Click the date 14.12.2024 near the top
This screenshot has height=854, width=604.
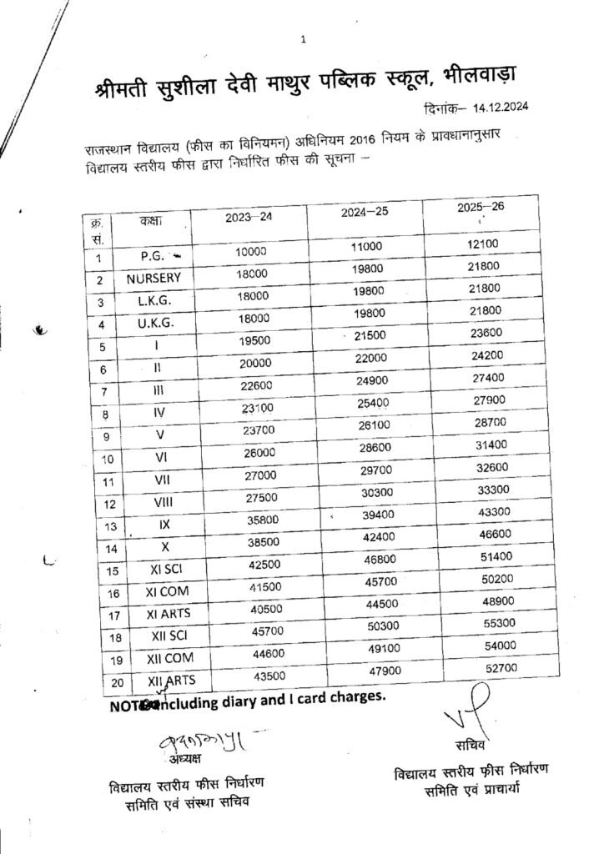pyautogui.click(x=500, y=107)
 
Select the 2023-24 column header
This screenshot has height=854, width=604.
pyautogui.click(x=248, y=218)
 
